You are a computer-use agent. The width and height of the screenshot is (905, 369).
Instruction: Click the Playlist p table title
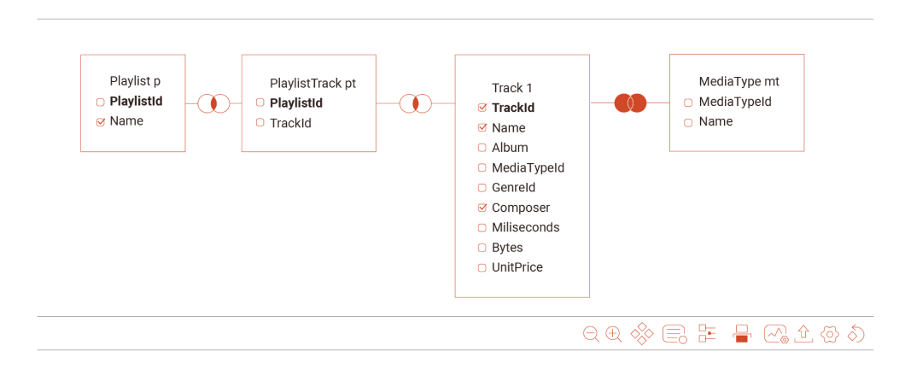[x=135, y=81]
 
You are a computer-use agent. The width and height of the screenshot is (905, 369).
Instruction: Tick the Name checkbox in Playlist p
[x=101, y=122]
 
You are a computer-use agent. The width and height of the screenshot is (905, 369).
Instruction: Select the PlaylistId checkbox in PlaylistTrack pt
[x=260, y=102]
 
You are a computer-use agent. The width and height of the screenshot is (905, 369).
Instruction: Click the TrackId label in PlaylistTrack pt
[x=290, y=123]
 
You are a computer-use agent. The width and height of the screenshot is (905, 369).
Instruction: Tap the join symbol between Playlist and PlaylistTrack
[x=213, y=103]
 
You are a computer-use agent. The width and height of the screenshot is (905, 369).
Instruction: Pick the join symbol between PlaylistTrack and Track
[x=415, y=103]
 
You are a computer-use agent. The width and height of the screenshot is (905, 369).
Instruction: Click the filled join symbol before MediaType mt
[x=630, y=102]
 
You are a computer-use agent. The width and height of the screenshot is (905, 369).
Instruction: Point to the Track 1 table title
[x=512, y=88]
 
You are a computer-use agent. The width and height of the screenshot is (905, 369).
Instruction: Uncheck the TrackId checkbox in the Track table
[x=482, y=108]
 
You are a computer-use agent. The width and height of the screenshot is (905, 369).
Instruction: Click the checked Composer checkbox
[x=482, y=208]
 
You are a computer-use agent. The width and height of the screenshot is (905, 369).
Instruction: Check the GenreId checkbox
[x=482, y=188]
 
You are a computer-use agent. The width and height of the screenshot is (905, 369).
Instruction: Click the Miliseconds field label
[x=525, y=228]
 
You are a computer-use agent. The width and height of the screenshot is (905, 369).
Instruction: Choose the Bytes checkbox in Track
[x=482, y=248]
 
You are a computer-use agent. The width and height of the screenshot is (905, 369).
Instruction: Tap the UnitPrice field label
[x=517, y=267]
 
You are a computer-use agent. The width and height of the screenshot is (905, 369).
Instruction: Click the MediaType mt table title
[x=739, y=82]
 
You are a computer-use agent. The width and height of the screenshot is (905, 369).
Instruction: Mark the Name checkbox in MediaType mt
[x=688, y=122]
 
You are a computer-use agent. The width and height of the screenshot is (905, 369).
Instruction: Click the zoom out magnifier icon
[x=591, y=334]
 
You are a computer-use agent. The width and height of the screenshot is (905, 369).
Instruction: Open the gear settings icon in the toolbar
[x=829, y=334]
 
